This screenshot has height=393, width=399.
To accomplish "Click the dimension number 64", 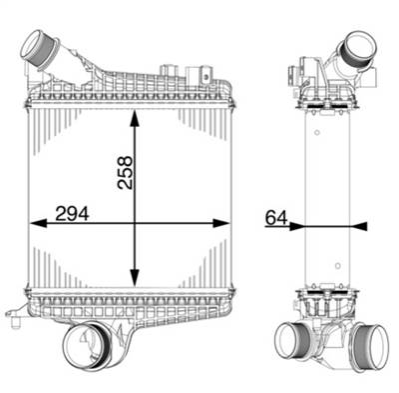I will click(276, 215).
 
